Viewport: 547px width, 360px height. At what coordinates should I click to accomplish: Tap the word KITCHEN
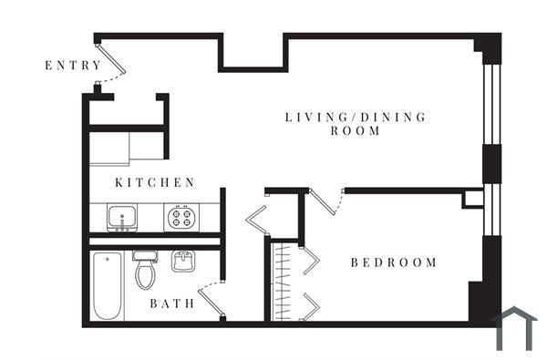pyautogui.click(x=155, y=182)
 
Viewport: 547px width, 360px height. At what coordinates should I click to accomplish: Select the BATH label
pyautogui.click(x=172, y=303)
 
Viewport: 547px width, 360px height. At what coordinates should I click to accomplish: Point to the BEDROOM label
pyautogui.click(x=394, y=262)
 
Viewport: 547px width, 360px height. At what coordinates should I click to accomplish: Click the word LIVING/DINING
pyautogui.click(x=356, y=117)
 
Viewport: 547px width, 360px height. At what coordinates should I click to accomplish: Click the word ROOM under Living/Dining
pyautogui.click(x=356, y=131)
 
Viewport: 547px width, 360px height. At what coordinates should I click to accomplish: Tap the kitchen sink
pyautogui.click(x=121, y=217)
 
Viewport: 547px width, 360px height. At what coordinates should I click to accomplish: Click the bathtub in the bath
pyautogui.click(x=107, y=286)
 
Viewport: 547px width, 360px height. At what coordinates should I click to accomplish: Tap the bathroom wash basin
pyautogui.click(x=183, y=262)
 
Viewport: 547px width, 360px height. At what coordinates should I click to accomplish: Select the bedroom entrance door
pyautogui.click(x=325, y=201)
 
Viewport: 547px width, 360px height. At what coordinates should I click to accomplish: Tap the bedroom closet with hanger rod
pyautogui.click(x=285, y=281)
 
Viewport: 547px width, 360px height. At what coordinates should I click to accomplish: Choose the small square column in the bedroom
pyautogui.click(x=472, y=199)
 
